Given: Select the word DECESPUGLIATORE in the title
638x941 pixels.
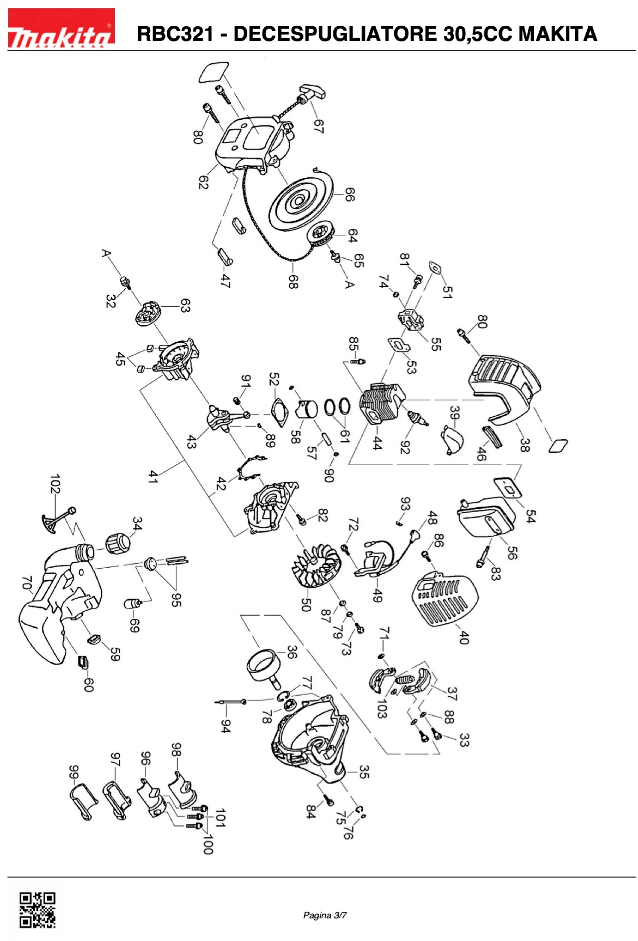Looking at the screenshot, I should pos(334,34).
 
